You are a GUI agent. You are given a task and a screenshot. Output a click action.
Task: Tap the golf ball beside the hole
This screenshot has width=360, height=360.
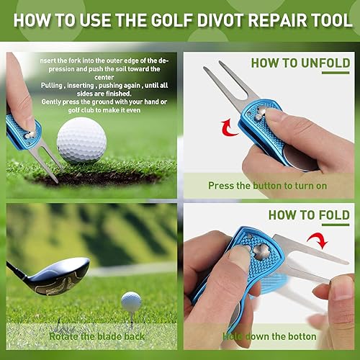[81, 140]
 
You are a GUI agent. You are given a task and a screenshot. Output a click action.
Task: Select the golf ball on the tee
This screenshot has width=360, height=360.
[131, 300]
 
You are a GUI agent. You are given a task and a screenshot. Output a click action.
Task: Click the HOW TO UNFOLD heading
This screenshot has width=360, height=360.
[300, 63]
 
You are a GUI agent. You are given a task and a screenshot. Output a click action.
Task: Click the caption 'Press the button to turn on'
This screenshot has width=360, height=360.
[267, 186]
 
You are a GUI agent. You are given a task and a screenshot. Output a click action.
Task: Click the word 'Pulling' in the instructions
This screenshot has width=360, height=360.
[54, 85]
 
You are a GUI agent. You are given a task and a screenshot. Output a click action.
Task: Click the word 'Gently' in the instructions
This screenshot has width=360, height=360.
[54, 101]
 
